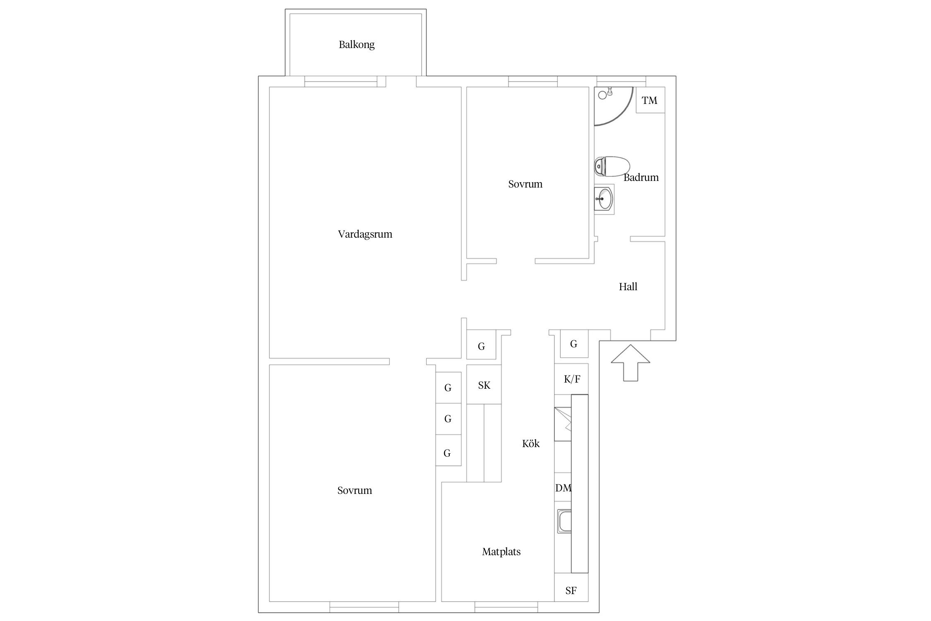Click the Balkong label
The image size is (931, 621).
(x=357, y=45)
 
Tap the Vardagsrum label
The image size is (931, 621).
(x=365, y=234)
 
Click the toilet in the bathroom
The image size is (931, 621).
(x=612, y=166)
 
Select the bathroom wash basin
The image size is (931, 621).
(x=604, y=199)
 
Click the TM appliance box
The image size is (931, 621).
(x=650, y=100)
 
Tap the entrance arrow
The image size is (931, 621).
(x=630, y=363)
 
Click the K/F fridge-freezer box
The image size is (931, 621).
(x=571, y=379)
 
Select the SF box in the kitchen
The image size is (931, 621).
(x=571, y=591)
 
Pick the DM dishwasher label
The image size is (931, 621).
(x=563, y=488)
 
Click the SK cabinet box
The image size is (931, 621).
(x=484, y=385)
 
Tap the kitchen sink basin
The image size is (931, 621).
(x=564, y=521)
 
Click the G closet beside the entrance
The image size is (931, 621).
(x=574, y=344)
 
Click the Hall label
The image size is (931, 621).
(x=628, y=287)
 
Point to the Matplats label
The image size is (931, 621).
(x=501, y=552)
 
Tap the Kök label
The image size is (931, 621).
(x=531, y=444)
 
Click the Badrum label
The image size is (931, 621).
(x=641, y=178)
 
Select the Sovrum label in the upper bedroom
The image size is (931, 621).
(x=525, y=184)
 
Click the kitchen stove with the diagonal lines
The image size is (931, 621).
(x=563, y=424)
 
